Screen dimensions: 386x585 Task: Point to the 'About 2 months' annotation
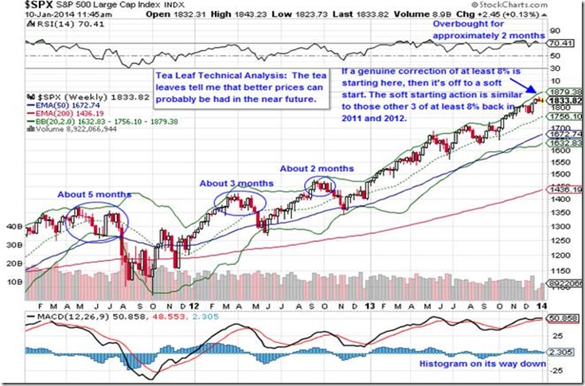[x=317, y=169]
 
